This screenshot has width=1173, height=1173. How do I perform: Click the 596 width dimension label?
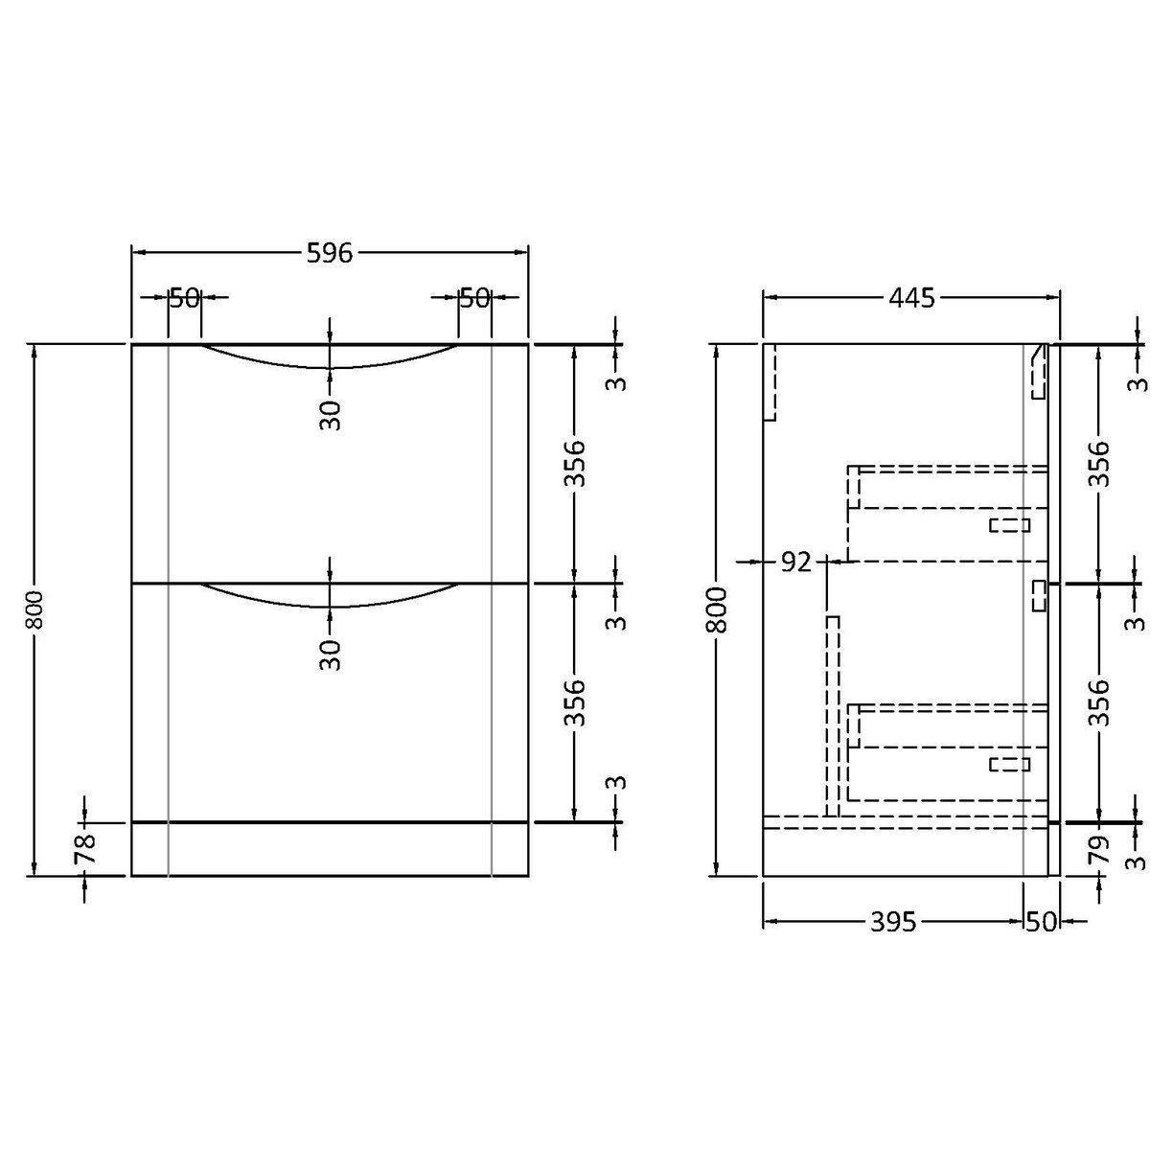tap(330, 253)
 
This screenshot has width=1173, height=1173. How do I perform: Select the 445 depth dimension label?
tap(910, 298)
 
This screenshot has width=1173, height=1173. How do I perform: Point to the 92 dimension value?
tap(794, 562)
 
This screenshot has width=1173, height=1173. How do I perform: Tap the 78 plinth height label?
tap(86, 849)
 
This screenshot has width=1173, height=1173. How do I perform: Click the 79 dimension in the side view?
tap(1099, 849)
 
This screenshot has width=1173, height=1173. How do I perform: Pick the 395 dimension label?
tap(893, 922)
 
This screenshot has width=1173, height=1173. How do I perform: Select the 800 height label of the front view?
tap(35, 609)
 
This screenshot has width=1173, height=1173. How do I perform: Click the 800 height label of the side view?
tap(719, 609)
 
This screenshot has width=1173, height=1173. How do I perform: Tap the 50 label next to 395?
tap(1041, 922)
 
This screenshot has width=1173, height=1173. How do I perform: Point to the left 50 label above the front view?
tap(184, 298)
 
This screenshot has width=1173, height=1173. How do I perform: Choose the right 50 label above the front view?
tap(474, 298)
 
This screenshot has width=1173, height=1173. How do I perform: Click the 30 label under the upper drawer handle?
tap(331, 415)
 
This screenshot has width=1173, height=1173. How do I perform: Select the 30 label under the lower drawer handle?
tap(331, 655)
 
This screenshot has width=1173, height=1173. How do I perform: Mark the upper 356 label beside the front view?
tap(574, 463)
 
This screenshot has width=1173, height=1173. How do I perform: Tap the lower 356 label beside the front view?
tap(574, 702)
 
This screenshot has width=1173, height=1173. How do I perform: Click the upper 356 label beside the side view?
tap(1099, 463)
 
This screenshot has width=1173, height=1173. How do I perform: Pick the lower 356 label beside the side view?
tap(1099, 702)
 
